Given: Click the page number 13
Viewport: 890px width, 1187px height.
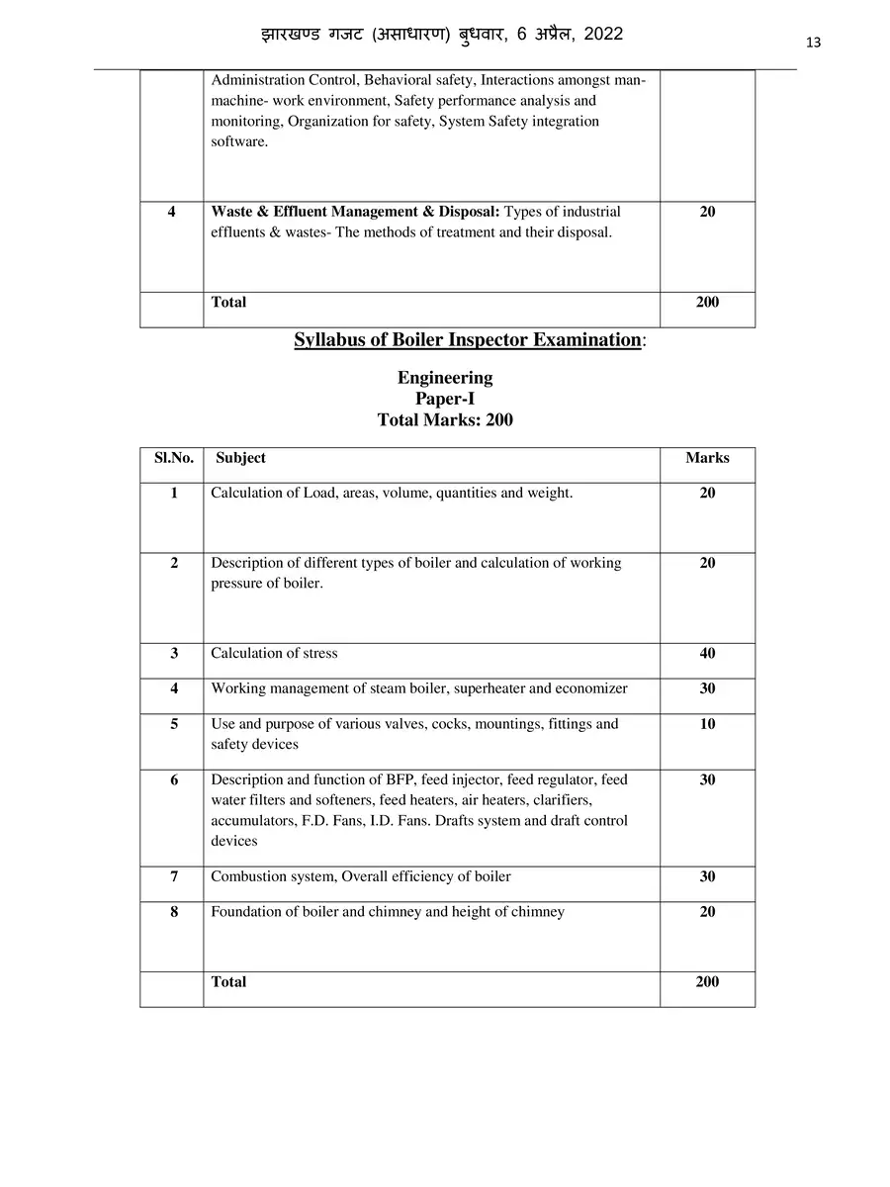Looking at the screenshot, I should (x=814, y=42).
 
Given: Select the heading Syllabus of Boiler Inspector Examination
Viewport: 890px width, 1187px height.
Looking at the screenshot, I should (x=468, y=340).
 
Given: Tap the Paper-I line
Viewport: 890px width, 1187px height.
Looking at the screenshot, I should (x=445, y=399).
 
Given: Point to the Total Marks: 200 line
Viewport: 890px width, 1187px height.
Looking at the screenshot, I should (x=445, y=419).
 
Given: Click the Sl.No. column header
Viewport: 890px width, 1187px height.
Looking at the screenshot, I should (x=173, y=458).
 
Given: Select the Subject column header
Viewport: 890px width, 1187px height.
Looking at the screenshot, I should (x=240, y=458).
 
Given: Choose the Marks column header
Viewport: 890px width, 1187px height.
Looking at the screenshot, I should (x=707, y=458).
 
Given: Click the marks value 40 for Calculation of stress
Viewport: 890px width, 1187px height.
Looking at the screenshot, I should (x=707, y=654).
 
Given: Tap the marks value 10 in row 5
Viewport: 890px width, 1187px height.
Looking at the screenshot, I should (x=707, y=724).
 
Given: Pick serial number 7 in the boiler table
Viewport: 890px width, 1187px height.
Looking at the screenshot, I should (x=174, y=876).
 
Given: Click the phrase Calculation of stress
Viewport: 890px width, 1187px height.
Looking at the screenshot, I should (x=274, y=654).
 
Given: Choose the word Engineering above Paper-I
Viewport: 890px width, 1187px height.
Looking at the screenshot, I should (x=445, y=378).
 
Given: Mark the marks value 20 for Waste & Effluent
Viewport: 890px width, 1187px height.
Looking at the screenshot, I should (x=707, y=212).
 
